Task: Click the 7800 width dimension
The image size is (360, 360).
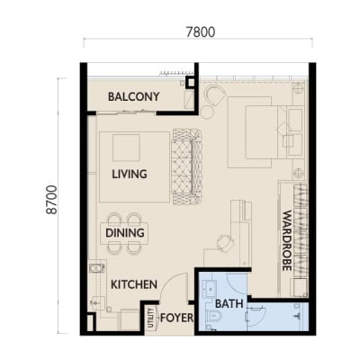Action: [201, 32]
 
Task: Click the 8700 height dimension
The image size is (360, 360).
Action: [51, 200]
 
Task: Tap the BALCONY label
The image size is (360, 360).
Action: [133, 96]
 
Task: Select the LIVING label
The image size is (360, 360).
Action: [130, 174]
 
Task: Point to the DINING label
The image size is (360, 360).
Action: [125, 233]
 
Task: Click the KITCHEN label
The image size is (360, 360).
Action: [134, 284]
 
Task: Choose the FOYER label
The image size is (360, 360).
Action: [176, 318]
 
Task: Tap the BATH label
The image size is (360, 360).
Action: [229, 303]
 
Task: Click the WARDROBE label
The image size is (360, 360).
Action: [287, 240]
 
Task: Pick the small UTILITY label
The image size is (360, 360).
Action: [151, 318]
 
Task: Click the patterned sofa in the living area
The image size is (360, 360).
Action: [187, 166]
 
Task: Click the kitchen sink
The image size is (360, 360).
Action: [96, 268]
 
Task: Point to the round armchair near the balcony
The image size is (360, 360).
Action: [215, 95]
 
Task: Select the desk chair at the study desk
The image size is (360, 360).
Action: [226, 243]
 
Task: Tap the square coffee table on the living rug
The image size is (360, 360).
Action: [126, 148]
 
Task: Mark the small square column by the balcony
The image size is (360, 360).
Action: [190, 82]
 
